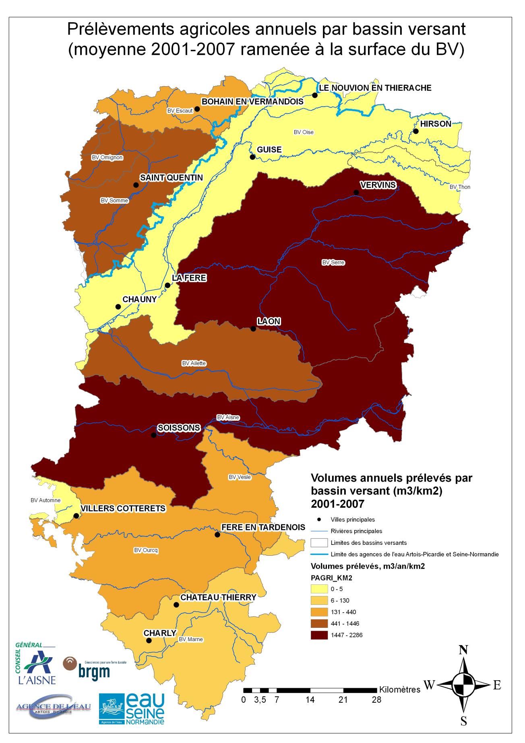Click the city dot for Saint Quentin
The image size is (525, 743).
pos(136,185)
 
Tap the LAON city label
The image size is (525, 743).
pos(269,321)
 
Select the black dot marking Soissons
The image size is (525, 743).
pos(153,435)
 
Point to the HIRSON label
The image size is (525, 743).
pos(436,124)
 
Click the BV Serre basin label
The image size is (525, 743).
pos(333,263)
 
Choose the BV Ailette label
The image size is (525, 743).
pos(194,363)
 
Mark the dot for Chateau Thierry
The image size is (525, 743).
pos(176,605)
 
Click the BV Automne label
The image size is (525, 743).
pos(45,500)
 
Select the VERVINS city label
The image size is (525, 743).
pos(378,185)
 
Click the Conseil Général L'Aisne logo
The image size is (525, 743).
pos(35,663)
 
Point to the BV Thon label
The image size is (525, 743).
pos(460,187)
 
